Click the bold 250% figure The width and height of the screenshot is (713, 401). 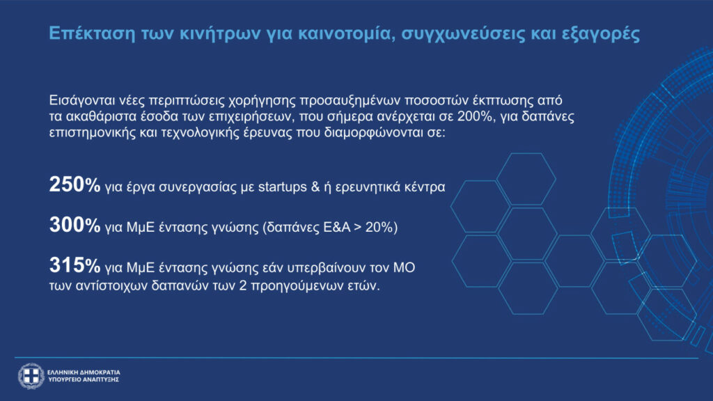coord(75,184)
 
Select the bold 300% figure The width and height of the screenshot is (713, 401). coord(75,225)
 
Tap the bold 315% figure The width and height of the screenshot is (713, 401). coord(75,265)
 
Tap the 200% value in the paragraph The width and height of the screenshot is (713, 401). coord(475,116)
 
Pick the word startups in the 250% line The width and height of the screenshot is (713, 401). coord(283,187)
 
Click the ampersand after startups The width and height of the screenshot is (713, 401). coord(315,187)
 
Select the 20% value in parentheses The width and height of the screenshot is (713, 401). coord(381,227)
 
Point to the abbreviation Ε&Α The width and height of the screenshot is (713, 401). coord(336,227)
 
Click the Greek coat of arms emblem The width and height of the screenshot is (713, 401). coord(31,376)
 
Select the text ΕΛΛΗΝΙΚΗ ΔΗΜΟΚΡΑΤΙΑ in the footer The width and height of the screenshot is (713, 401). coord(84,372)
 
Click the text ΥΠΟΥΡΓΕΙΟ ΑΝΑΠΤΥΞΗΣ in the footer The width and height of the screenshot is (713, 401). coord(84,379)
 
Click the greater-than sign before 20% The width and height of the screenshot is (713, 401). coord(358,228)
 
